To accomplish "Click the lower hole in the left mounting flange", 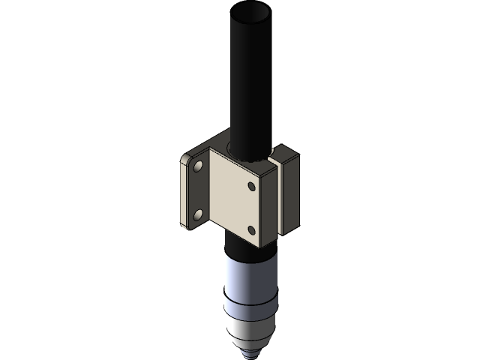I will tap(198, 215).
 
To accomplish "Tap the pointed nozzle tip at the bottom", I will tap(252, 351).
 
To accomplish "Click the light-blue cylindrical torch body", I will tap(252, 274).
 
